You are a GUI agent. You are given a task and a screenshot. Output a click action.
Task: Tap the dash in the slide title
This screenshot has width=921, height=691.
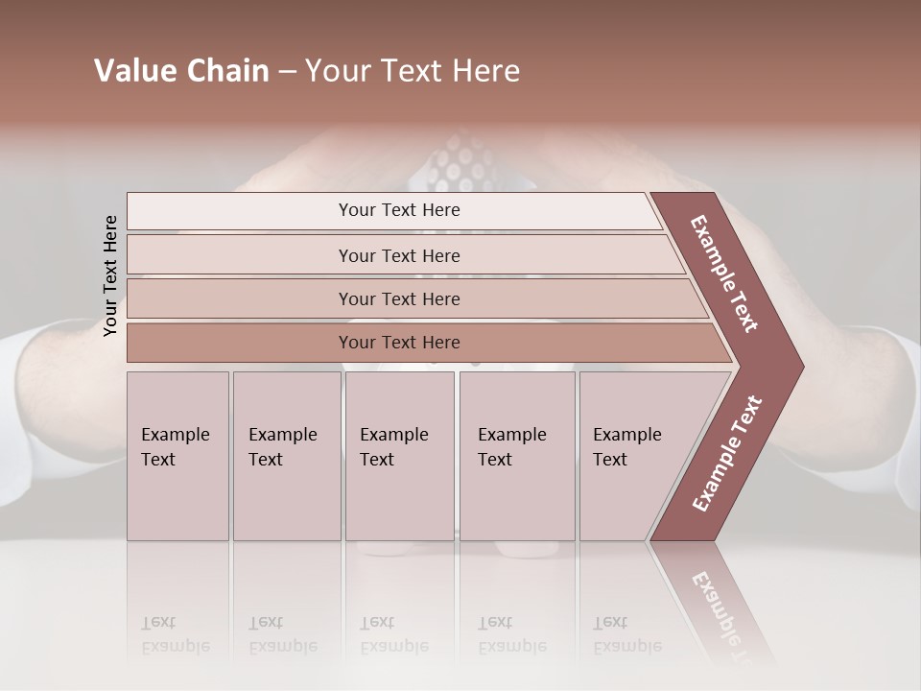tap(287, 72)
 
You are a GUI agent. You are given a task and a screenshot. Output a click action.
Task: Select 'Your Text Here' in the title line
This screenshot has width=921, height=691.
tap(413, 71)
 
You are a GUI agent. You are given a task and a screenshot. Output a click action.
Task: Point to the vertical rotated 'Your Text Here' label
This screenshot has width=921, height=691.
tap(111, 275)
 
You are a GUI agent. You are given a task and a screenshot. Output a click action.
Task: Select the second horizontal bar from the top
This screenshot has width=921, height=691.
tap(399, 255)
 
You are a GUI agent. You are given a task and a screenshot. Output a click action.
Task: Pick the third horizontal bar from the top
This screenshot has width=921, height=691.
tap(399, 298)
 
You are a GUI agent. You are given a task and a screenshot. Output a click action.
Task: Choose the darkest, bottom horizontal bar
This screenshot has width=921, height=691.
tap(399, 343)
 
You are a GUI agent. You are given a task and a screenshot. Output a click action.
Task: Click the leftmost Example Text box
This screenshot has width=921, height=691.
tap(177, 456)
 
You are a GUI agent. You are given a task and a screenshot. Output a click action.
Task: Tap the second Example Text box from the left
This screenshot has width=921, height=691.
tap(286, 456)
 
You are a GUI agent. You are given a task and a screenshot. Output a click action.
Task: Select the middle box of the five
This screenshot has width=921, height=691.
tap(399, 456)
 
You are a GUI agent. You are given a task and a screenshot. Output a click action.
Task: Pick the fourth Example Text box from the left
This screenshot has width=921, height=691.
tap(517, 456)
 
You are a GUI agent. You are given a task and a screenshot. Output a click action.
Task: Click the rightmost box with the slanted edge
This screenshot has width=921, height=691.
tap(633, 456)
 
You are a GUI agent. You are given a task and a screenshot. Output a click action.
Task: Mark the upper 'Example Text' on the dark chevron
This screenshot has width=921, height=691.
tap(724, 274)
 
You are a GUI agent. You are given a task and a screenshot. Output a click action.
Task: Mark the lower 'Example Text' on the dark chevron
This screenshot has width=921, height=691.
tap(727, 453)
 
